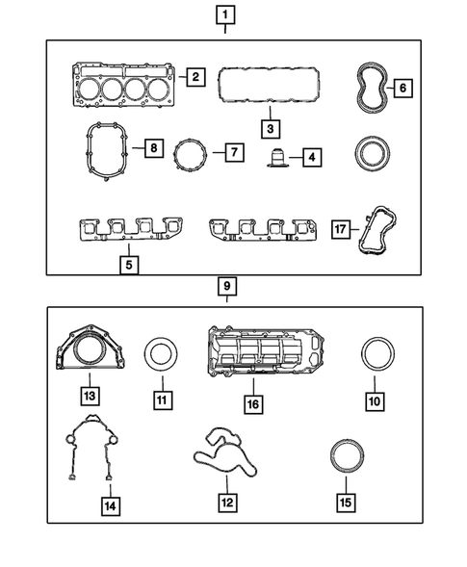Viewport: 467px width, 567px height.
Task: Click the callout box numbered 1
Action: coord(224,14)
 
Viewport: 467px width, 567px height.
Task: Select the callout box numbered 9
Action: coord(224,286)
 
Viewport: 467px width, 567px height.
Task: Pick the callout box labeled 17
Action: coord(339,231)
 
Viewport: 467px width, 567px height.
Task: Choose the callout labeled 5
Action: coord(129,261)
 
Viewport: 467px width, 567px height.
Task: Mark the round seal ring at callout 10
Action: coord(375,354)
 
